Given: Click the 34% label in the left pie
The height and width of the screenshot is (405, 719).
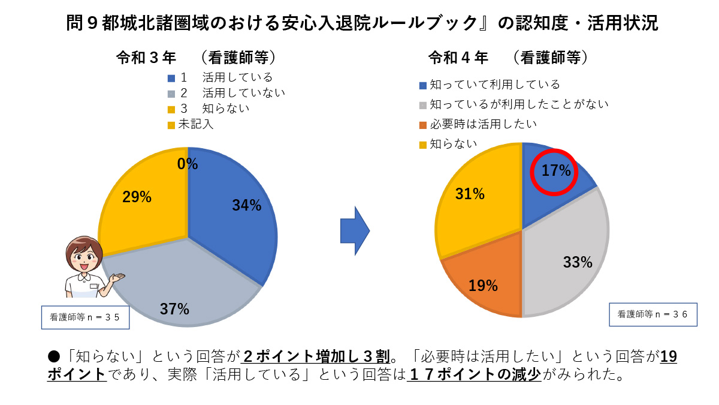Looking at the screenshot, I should tap(247, 206).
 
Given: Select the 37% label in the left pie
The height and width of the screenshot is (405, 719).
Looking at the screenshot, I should tap(174, 309).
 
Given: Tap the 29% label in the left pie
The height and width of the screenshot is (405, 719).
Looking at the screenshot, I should tap(137, 197).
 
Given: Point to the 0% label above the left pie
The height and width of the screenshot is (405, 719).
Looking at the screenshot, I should tap(187, 164).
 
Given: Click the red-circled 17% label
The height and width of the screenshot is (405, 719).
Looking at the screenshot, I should tap(555, 171).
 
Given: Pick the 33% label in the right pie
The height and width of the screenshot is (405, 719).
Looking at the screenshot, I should tap(578, 262).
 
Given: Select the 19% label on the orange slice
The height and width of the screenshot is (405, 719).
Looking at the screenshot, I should tap(483, 286).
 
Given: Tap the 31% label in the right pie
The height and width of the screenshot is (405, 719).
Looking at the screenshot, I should tap(470, 194).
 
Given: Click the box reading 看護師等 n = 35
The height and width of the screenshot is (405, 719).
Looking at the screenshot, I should tap(85, 317).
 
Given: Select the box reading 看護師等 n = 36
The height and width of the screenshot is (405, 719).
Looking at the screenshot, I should tap(653, 314).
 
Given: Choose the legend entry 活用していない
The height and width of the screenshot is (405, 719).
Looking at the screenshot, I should tap(243, 93).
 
